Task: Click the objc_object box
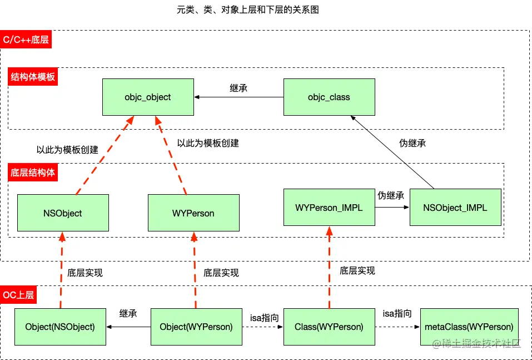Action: (x=148, y=97)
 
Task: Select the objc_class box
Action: (x=329, y=97)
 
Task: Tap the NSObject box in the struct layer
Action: (x=63, y=213)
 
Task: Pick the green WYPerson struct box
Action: (x=194, y=213)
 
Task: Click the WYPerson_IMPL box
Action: (x=329, y=207)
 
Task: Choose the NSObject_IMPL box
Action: (x=455, y=207)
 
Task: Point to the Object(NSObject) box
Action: (x=60, y=327)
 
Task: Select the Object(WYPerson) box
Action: (x=196, y=327)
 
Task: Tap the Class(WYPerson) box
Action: (x=329, y=327)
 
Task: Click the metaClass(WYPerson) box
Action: (x=469, y=327)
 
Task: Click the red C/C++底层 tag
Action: (x=26, y=40)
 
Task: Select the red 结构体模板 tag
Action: (x=33, y=77)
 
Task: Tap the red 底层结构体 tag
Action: (x=33, y=172)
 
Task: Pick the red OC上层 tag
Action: (x=19, y=295)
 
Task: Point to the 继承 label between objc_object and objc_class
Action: (x=238, y=88)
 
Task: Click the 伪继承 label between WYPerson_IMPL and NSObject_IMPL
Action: (x=391, y=196)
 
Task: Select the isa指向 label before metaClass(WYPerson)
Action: (x=397, y=314)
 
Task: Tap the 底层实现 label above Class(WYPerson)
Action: (x=357, y=270)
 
